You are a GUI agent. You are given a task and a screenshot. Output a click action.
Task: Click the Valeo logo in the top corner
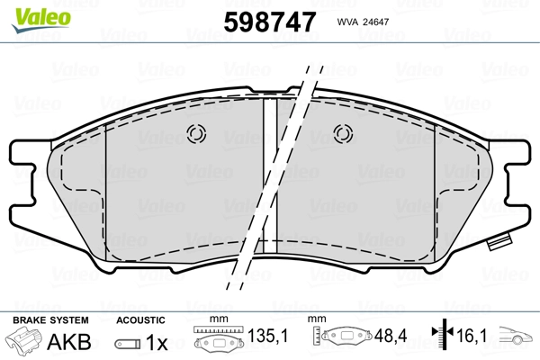point(41,20)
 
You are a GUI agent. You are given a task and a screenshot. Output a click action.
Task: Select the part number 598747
point(270,22)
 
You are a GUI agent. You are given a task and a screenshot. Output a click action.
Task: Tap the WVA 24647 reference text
point(363,22)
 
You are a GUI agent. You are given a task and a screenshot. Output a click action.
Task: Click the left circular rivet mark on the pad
point(196,133)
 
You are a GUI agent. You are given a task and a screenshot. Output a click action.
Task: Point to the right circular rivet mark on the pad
point(343,133)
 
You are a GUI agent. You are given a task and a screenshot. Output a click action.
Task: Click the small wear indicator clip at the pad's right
point(499,241)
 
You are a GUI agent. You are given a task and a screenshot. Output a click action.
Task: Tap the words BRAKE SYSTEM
point(50,320)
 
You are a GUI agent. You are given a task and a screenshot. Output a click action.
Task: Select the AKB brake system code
point(69,342)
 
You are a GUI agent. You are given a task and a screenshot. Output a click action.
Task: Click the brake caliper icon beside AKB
point(23,341)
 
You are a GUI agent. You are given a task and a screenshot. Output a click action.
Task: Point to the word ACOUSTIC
point(140,320)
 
